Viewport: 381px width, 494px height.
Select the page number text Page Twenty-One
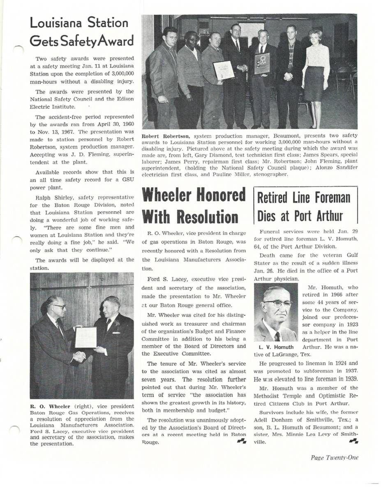(334, 457)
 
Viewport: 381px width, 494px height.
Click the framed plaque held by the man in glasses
(262, 63)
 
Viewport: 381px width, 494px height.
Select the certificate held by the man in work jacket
(224, 70)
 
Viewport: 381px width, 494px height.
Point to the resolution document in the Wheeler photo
(86, 337)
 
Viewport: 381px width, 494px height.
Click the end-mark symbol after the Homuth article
(353, 441)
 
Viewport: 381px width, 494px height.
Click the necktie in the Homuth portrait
(277, 336)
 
